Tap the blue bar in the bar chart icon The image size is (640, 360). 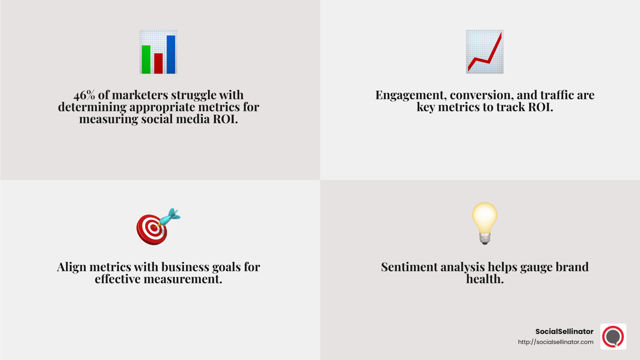(x=171, y=54)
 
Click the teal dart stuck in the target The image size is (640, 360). (x=171, y=216)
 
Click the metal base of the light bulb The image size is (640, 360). (x=485, y=239)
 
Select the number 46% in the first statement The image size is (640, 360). (x=84, y=95)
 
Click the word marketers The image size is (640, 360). (x=140, y=95)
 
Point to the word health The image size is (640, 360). (x=485, y=279)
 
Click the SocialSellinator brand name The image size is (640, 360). (x=564, y=332)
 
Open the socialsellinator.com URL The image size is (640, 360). (x=556, y=342)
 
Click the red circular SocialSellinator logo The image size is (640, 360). (x=613, y=336)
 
